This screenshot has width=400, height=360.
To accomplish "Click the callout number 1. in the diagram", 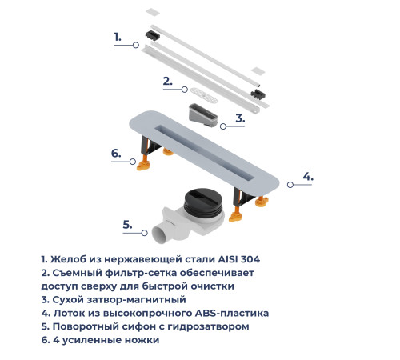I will pos(117,37).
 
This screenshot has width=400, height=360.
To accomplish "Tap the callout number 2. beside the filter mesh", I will pos(167,80).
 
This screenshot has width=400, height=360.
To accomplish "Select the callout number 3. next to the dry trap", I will pos(239,118).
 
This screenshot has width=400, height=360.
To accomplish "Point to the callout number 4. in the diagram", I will pos(306,176).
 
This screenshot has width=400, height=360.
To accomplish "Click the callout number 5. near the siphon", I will pos(126,224).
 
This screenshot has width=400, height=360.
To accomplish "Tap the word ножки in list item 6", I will pos(142,339).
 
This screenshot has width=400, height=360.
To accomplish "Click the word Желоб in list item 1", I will pos(68,258).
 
